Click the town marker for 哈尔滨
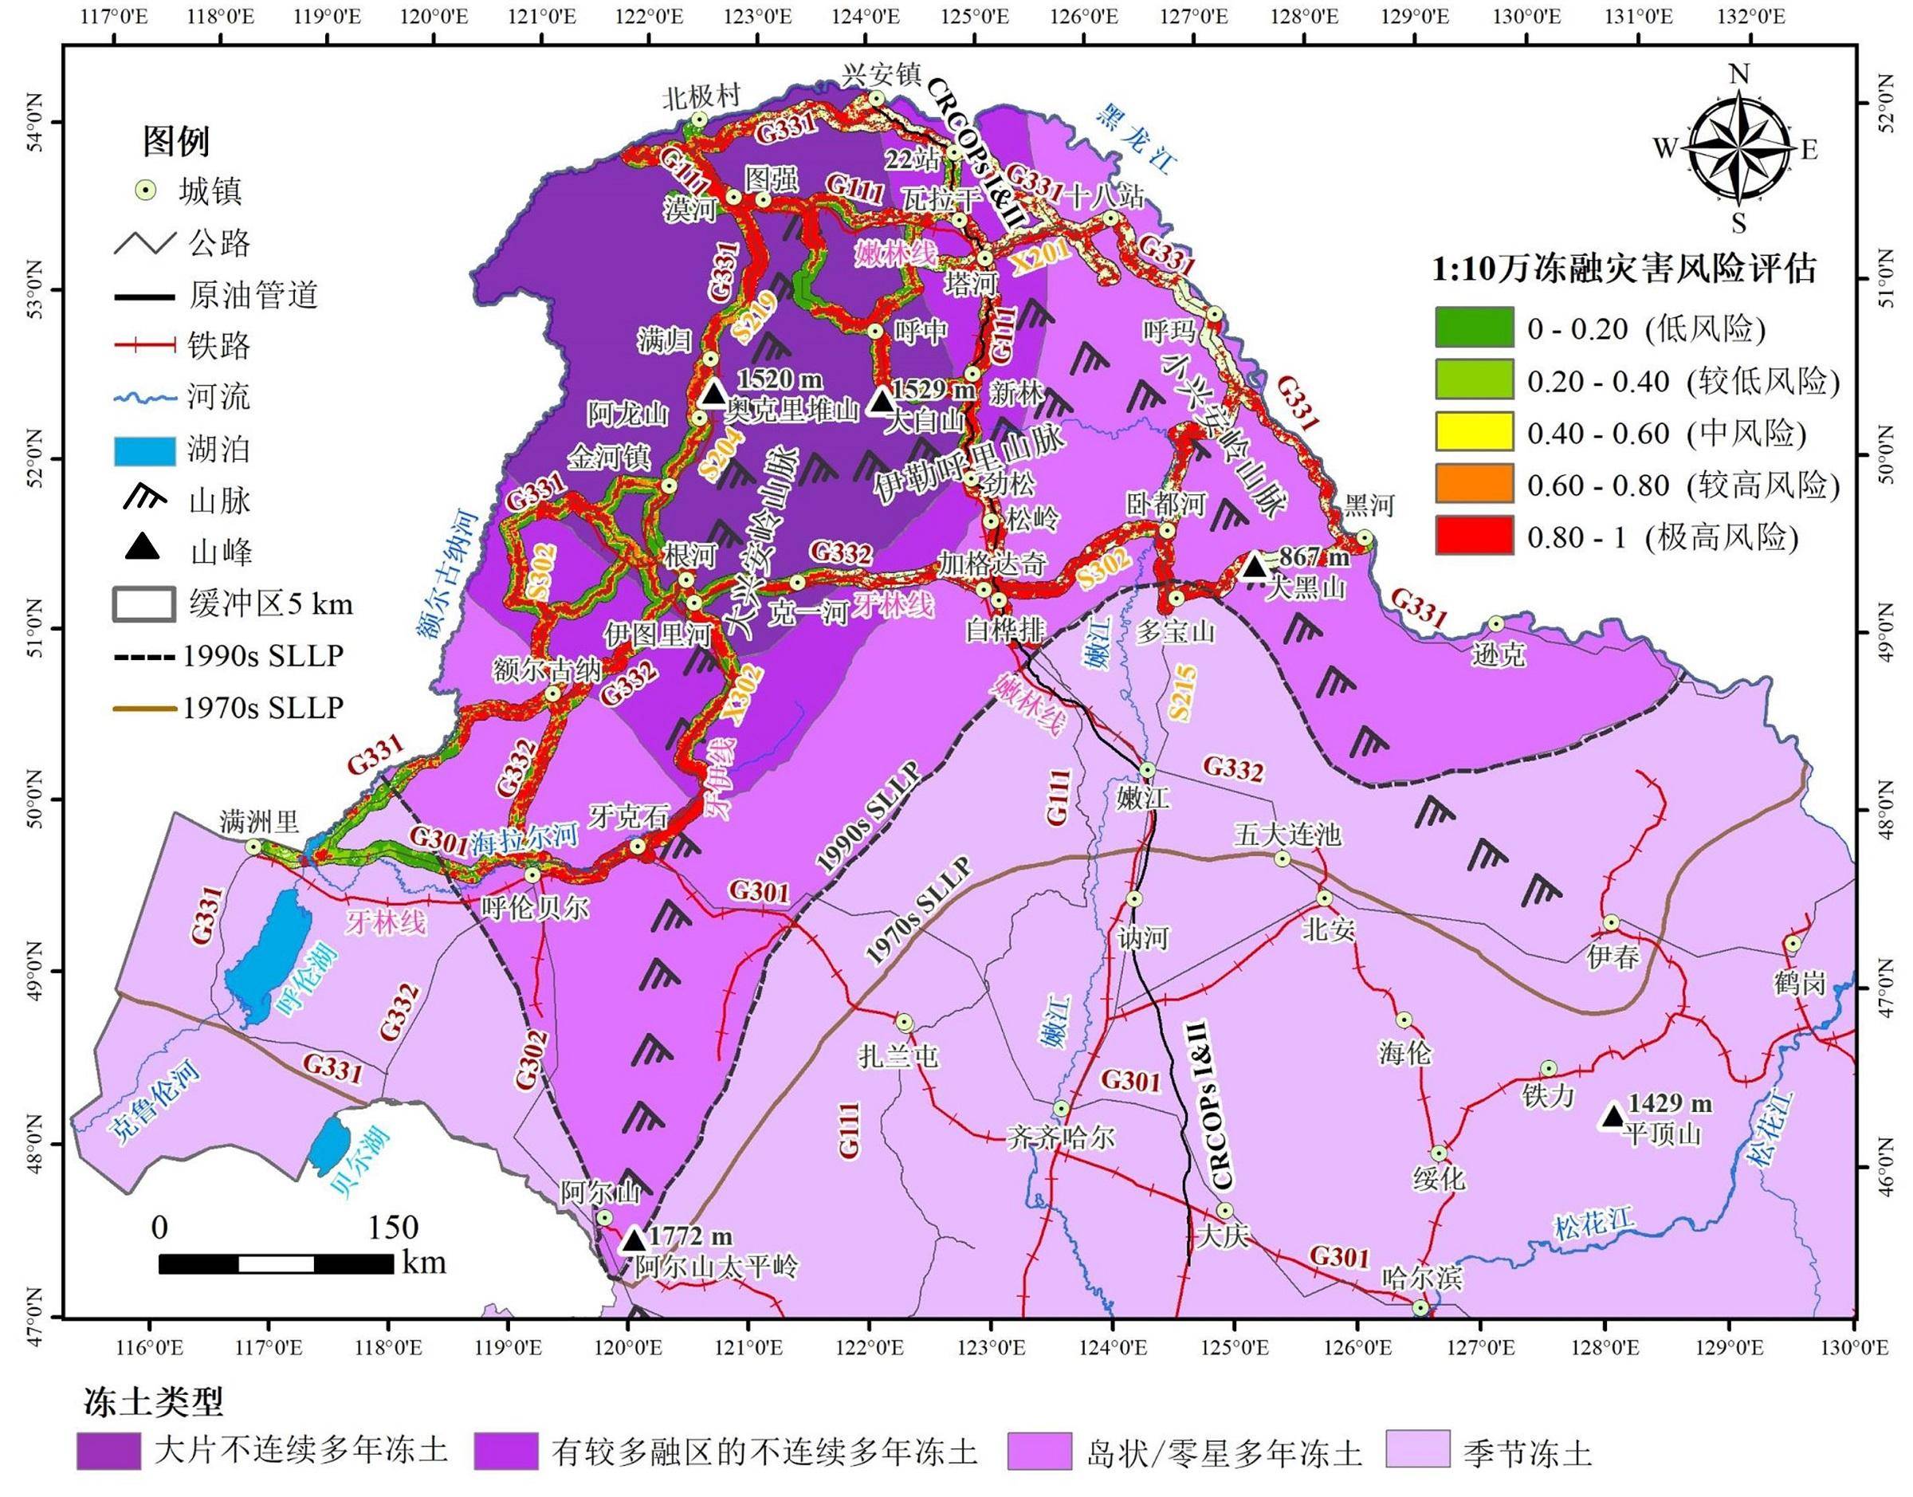[x=1420, y=1306]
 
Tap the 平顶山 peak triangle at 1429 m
[x=1613, y=1116]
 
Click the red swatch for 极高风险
[x=1474, y=536]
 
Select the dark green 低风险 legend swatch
[x=1474, y=328]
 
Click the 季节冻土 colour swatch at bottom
[x=1419, y=1451]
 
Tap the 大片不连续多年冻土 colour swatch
[x=108, y=1451]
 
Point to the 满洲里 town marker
[x=253, y=847]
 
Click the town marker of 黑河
[x=1365, y=537]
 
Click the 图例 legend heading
[x=176, y=140]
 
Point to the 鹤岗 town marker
[x=1792, y=944]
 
